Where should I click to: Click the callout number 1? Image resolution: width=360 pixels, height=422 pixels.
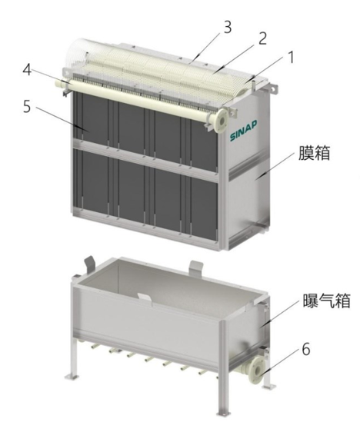(x=291, y=58)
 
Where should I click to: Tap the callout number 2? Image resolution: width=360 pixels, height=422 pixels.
(x=262, y=38)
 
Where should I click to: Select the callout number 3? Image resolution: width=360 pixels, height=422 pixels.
(x=227, y=27)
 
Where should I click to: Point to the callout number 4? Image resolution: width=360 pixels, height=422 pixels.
(x=27, y=70)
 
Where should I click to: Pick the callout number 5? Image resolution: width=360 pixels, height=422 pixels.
(x=27, y=106)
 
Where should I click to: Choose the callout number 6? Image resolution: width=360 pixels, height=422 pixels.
(x=306, y=349)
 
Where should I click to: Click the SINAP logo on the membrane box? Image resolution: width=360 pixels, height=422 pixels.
(x=243, y=131)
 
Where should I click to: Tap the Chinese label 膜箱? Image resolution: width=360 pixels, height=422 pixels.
(x=314, y=153)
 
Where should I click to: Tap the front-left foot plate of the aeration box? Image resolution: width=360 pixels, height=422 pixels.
(x=72, y=376)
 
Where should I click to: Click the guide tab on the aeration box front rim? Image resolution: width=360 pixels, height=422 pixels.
(x=145, y=297)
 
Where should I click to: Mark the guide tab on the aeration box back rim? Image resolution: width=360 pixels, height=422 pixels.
(x=196, y=268)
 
